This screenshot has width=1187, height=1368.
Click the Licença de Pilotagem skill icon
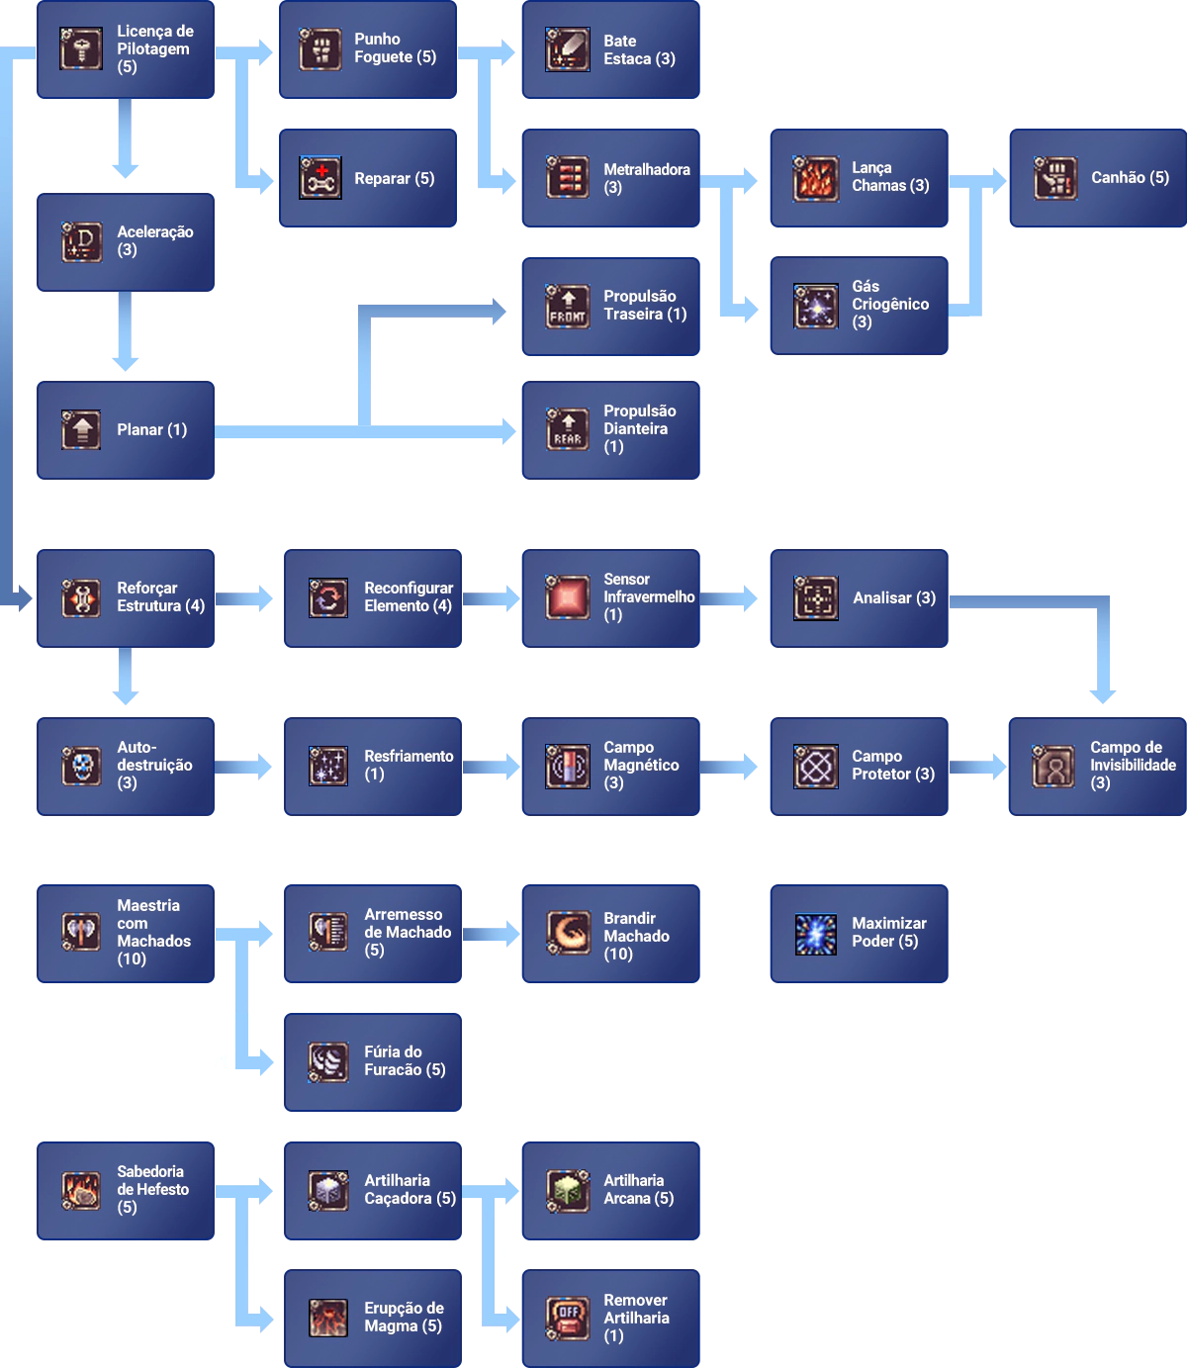click(x=81, y=48)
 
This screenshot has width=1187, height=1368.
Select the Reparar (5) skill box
click(x=368, y=178)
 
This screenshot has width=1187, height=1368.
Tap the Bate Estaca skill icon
click(x=568, y=49)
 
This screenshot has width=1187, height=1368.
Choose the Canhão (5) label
click(x=1130, y=178)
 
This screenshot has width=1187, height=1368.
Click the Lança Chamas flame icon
click(x=815, y=178)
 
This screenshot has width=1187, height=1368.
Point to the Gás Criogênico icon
click(x=815, y=306)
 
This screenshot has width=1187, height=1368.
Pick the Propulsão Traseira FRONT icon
click(x=568, y=306)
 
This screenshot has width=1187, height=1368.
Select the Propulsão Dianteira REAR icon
click(x=568, y=430)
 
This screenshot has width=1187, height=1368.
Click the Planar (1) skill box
click(x=127, y=430)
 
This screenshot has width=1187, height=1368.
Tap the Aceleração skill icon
click(x=81, y=241)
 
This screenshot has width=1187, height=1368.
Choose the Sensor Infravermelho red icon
click(x=568, y=597)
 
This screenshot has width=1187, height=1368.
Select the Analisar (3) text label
click(x=894, y=597)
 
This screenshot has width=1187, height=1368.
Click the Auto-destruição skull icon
click(x=81, y=766)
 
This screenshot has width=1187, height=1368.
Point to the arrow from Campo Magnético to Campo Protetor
click(x=730, y=767)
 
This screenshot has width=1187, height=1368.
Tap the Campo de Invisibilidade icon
click(x=1052, y=766)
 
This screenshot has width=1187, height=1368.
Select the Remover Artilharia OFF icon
click(x=568, y=1318)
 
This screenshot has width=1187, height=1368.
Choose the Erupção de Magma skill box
click(x=373, y=1317)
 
